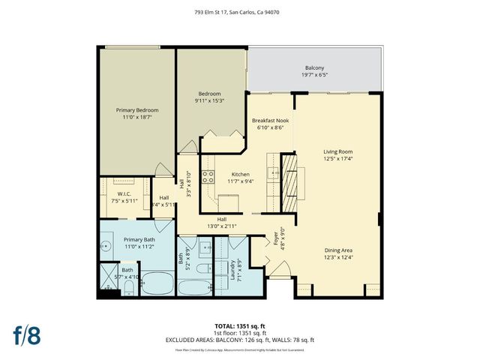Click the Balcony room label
tap(315, 67)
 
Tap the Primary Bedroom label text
tap(137, 109)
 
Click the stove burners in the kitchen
tap(208, 178)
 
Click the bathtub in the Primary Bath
tap(156, 283)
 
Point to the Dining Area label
tap(338, 250)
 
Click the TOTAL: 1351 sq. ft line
tap(240, 326)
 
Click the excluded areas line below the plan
tap(240, 340)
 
